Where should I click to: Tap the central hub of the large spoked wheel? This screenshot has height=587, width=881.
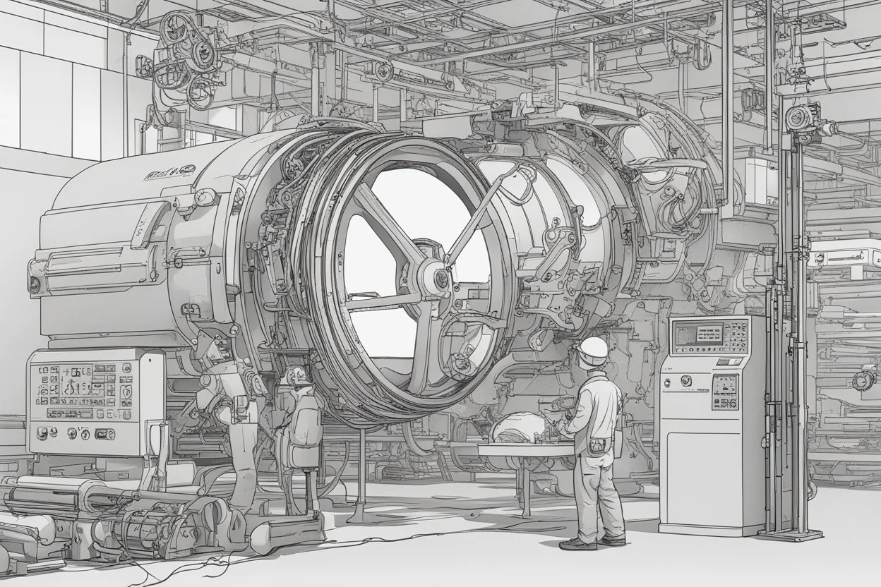(x=438, y=278)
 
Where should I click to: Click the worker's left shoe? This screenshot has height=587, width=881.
(x=577, y=543)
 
